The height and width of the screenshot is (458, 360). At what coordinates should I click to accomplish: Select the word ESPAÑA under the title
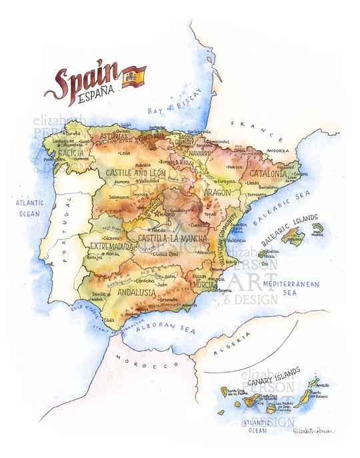(99, 98)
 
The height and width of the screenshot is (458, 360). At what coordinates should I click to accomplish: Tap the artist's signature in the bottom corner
(315, 432)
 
